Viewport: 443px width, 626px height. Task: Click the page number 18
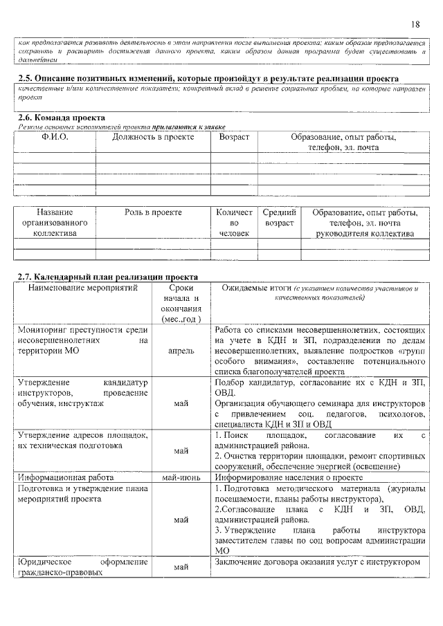click(415, 24)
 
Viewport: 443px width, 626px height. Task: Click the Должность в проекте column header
click(152, 138)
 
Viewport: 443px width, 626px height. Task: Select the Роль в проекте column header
click(153, 212)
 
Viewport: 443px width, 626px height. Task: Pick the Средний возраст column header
click(279, 217)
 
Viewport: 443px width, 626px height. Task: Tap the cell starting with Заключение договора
click(318, 562)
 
